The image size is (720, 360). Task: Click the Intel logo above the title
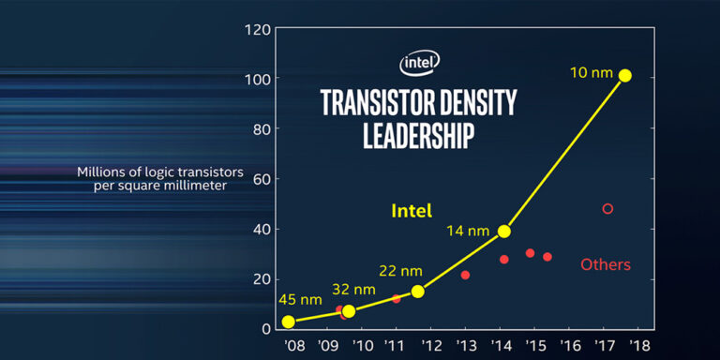tap(420, 63)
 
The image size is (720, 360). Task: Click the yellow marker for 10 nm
tap(625, 76)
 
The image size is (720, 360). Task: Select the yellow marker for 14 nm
tap(504, 231)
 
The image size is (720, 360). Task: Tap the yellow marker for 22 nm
tap(418, 291)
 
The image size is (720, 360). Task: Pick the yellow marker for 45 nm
tap(289, 322)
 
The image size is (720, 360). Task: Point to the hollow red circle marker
tap(607, 208)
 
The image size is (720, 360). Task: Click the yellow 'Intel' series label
tap(412, 212)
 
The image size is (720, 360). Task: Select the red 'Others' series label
tap(606, 264)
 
